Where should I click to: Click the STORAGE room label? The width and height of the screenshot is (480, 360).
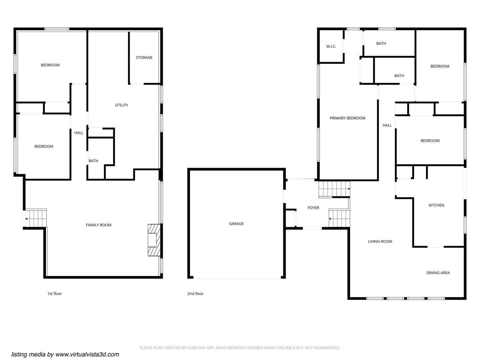(x=144, y=58)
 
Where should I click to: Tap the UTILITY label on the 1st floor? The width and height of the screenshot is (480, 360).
(x=121, y=105)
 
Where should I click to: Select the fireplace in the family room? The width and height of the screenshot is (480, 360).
(x=153, y=240)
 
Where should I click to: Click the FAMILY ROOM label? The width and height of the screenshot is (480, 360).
(x=99, y=225)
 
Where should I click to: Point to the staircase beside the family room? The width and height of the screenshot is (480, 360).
(x=36, y=218)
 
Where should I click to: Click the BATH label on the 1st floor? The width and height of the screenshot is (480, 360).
(x=93, y=161)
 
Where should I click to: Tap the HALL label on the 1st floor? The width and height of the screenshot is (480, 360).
(x=79, y=133)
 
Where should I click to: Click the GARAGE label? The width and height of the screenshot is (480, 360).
(x=236, y=224)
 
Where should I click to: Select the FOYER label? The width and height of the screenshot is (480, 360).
(x=313, y=208)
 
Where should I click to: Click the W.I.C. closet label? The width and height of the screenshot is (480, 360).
(x=331, y=47)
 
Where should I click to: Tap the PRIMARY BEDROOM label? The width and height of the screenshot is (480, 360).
(x=347, y=118)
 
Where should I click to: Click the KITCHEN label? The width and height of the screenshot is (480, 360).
(x=436, y=205)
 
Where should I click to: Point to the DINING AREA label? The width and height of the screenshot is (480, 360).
(x=438, y=273)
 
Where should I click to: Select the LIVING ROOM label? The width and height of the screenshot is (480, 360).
(x=380, y=242)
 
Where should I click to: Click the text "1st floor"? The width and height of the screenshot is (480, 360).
(x=55, y=294)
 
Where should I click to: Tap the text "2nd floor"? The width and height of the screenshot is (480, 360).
(x=195, y=294)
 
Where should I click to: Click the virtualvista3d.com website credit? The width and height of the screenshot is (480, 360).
(x=65, y=354)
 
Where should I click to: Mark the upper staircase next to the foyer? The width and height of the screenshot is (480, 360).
(x=334, y=189)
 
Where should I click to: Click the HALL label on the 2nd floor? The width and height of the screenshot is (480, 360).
(x=387, y=126)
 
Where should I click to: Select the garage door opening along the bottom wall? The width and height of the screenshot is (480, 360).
(x=237, y=278)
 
